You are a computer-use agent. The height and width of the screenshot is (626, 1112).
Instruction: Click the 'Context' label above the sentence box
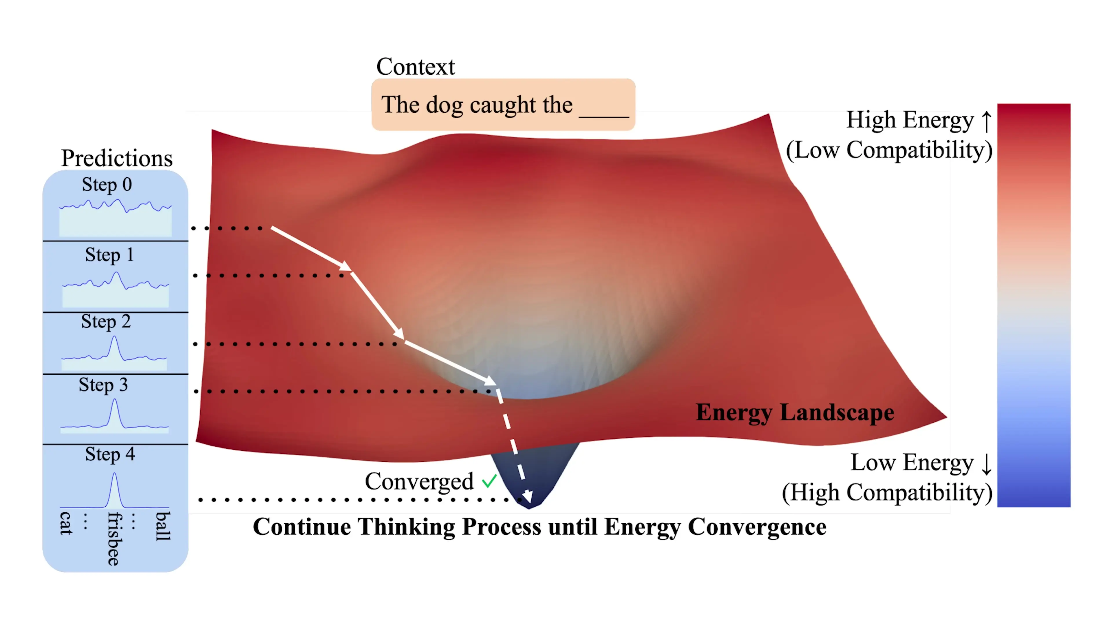(x=415, y=67)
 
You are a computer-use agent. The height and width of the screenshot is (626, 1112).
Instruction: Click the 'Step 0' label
(x=107, y=185)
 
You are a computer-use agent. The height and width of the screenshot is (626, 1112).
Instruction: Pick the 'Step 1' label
(x=109, y=255)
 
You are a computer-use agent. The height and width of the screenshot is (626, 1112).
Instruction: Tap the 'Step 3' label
(x=103, y=385)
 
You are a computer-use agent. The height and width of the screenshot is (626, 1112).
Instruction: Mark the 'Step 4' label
(x=110, y=454)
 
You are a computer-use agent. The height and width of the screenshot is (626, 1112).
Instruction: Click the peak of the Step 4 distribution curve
(x=114, y=474)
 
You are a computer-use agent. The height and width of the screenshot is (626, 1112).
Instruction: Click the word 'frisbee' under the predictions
(x=114, y=539)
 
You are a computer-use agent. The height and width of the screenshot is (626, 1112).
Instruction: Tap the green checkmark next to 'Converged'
(x=489, y=481)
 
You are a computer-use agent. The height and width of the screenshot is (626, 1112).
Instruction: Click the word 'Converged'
(x=419, y=481)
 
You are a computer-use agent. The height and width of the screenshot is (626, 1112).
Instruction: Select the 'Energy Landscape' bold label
(x=795, y=413)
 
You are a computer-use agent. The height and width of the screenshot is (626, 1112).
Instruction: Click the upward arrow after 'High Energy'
(x=986, y=121)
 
